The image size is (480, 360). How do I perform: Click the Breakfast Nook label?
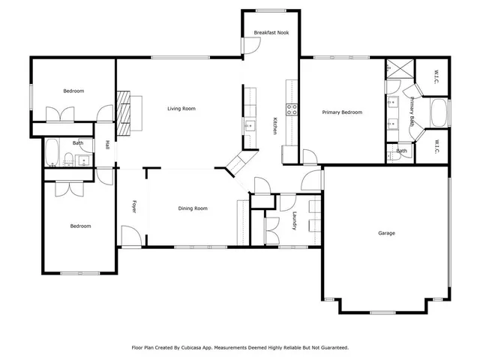pyautogui.click(x=271, y=34)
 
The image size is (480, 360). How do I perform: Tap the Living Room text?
pyautogui.click(x=181, y=109)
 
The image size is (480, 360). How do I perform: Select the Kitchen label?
pyautogui.click(x=275, y=125)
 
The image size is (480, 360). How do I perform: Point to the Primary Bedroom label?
pyautogui.click(x=342, y=112)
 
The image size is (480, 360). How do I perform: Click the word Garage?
pyautogui.click(x=386, y=233)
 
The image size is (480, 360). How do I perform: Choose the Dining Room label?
pyautogui.click(x=193, y=208)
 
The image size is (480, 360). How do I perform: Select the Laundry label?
pyautogui.click(x=295, y=222)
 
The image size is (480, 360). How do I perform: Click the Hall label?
pyautogui.click(x=108, y=145)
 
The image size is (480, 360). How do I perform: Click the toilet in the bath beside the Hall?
pyautogui.click(x=68, y=158)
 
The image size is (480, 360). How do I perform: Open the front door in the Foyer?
pyautogui.click(x=130, y=243)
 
